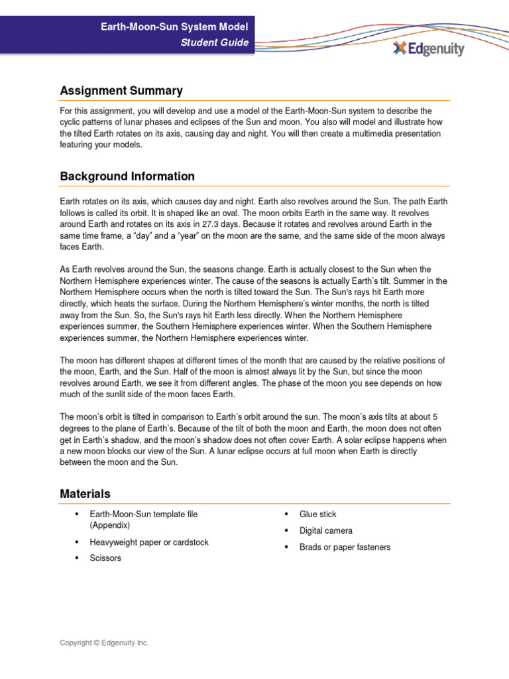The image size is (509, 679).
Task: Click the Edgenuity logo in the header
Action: (428, 48)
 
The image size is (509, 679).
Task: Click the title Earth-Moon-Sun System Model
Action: (174, 27)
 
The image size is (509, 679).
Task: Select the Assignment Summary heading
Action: (121, 91)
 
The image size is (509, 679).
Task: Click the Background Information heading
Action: (127, 176)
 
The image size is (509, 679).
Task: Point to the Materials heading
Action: (85, 494)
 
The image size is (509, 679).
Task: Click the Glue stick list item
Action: (317, 514)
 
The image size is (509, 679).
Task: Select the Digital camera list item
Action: (325, 530)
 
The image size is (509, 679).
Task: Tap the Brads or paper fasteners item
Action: (345, 547)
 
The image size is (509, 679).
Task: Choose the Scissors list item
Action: (105, 558)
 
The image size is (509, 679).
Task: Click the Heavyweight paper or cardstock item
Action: (149, 542)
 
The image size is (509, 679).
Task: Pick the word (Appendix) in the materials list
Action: (110, 525)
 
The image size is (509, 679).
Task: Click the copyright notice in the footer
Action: (104, 643)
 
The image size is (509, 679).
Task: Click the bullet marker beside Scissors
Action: (77, 558)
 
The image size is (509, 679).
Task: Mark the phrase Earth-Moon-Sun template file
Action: (143, 514)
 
